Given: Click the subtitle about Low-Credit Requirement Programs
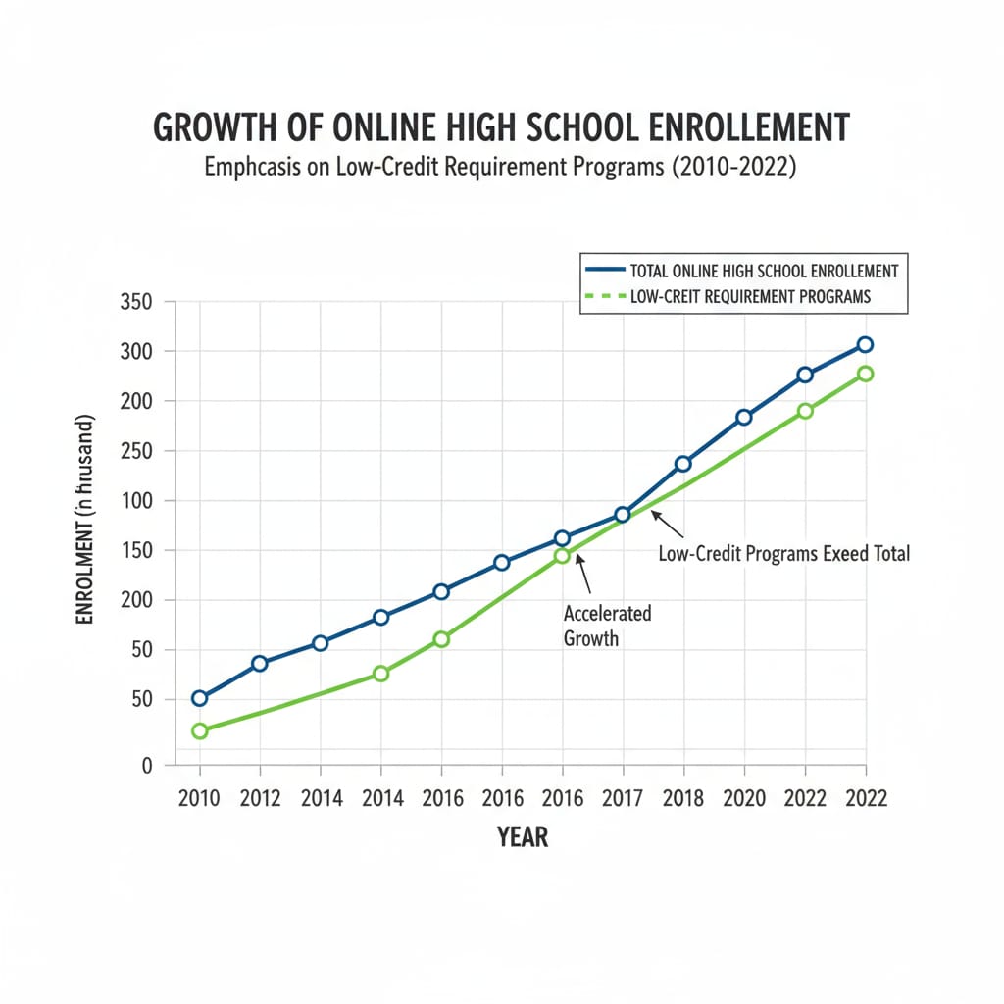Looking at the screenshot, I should [x=500, y=168].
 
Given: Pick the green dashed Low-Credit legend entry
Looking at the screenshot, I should [x=746, y=296].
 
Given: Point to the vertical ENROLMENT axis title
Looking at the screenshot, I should [x=85, y=520].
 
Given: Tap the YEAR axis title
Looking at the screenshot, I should [x=523, y=837].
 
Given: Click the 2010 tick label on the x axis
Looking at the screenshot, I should [x=199, y=798].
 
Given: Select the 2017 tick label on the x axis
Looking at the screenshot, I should [x=622, y=798].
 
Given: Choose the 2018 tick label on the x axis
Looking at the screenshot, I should [x=682, y=798].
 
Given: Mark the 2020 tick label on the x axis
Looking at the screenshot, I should [x=743, y=798].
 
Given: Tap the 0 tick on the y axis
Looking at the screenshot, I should [x=147, y=766].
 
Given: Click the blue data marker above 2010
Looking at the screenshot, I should [x=200, y=698].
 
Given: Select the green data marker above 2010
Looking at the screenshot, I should [x=200, y=730].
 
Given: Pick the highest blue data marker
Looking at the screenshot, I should [x=865, y=344].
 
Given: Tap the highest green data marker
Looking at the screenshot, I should [x=865, y=374].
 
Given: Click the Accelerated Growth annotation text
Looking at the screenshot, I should [x=607, y=626].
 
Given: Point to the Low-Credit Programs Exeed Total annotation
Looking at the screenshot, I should [x=783, y=554].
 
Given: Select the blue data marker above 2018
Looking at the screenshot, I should [x=682, y=464].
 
